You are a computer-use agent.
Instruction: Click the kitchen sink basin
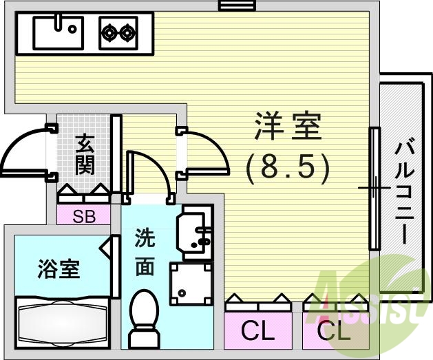pyautogui.click(x=58, y=31)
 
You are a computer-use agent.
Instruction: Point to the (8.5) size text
pyautogui.click(x=288, y=165)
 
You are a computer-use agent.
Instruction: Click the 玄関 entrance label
pyautogui.click(x=85, y=155)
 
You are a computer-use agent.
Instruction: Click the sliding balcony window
pyautogui.click(x=374, y=188)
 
